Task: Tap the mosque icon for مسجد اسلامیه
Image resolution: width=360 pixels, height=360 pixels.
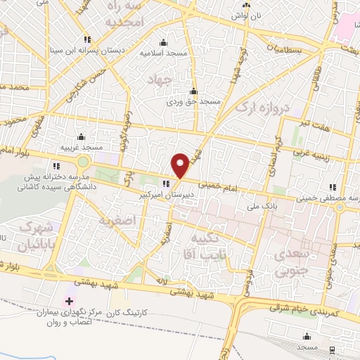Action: (164, 42)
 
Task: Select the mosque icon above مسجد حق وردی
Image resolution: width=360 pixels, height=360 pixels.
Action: (193, 91)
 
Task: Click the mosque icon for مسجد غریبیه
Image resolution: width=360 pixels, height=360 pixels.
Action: (82, 136)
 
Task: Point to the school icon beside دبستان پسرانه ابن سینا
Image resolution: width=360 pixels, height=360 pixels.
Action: (86, 39)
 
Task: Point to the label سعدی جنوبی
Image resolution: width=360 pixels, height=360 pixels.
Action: (291, 259)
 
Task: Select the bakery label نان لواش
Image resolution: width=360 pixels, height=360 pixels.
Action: (251, 15)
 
